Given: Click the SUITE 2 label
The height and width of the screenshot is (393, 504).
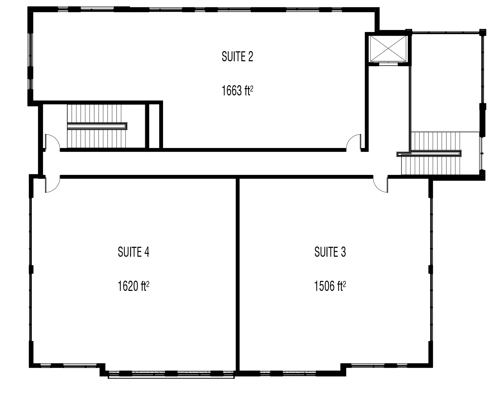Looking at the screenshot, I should tap(237, 57).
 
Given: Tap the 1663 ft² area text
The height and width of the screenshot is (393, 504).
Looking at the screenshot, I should tap(237, 91).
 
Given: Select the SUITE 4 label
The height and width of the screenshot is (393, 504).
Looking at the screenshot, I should tap(133, 252).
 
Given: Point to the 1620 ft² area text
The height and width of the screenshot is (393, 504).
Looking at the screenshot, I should tap(133, 286).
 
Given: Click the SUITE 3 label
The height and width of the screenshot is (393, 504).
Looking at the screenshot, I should tap(330, 252).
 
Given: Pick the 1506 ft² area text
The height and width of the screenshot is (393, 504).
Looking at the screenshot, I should tap(330, 286).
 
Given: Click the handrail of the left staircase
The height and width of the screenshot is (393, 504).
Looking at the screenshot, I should tap(97, 126).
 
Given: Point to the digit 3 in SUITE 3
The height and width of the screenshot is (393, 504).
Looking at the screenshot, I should tap(343, 252).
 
